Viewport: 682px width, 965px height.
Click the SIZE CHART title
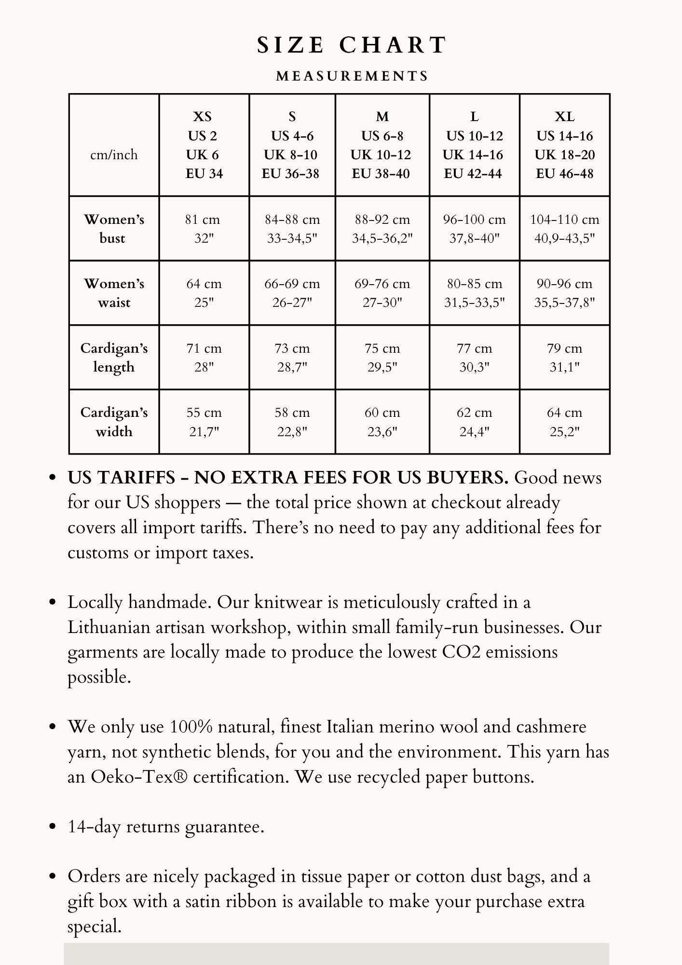pyautogui.click(x=352, y=45)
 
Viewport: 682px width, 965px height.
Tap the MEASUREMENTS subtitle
pyautogui.click(x=352, y=76)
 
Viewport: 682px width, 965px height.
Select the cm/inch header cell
pyautogui.click(x=114, y=155)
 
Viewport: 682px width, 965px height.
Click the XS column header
pyautogui.click(x=204, y=145)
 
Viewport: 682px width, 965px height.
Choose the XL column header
pyautogui.click(x=564, y=145)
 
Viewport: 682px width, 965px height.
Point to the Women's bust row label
pyautogui.click(x=114, y=229)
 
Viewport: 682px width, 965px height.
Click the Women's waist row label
pyautogui.click(x=114, y=293)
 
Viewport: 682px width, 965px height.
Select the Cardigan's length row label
pyautogui.click(x=114, y=358)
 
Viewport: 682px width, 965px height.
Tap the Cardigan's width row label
pyautogui.click(x=114, y=422)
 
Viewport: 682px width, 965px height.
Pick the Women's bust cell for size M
pyautogui.click(x=382, y=229)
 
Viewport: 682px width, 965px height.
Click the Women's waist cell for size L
pyautogui.click(x=474, y=293)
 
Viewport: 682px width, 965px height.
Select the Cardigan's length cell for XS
pyautogui.click(x=204, y=358)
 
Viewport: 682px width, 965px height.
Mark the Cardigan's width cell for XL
pyautogui.click(x=564, y=422)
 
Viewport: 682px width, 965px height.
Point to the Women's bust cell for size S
pyautogui.click(x=292, y=229)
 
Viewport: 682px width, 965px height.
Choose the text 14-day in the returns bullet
pyautogui.click(x=94, y=827)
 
